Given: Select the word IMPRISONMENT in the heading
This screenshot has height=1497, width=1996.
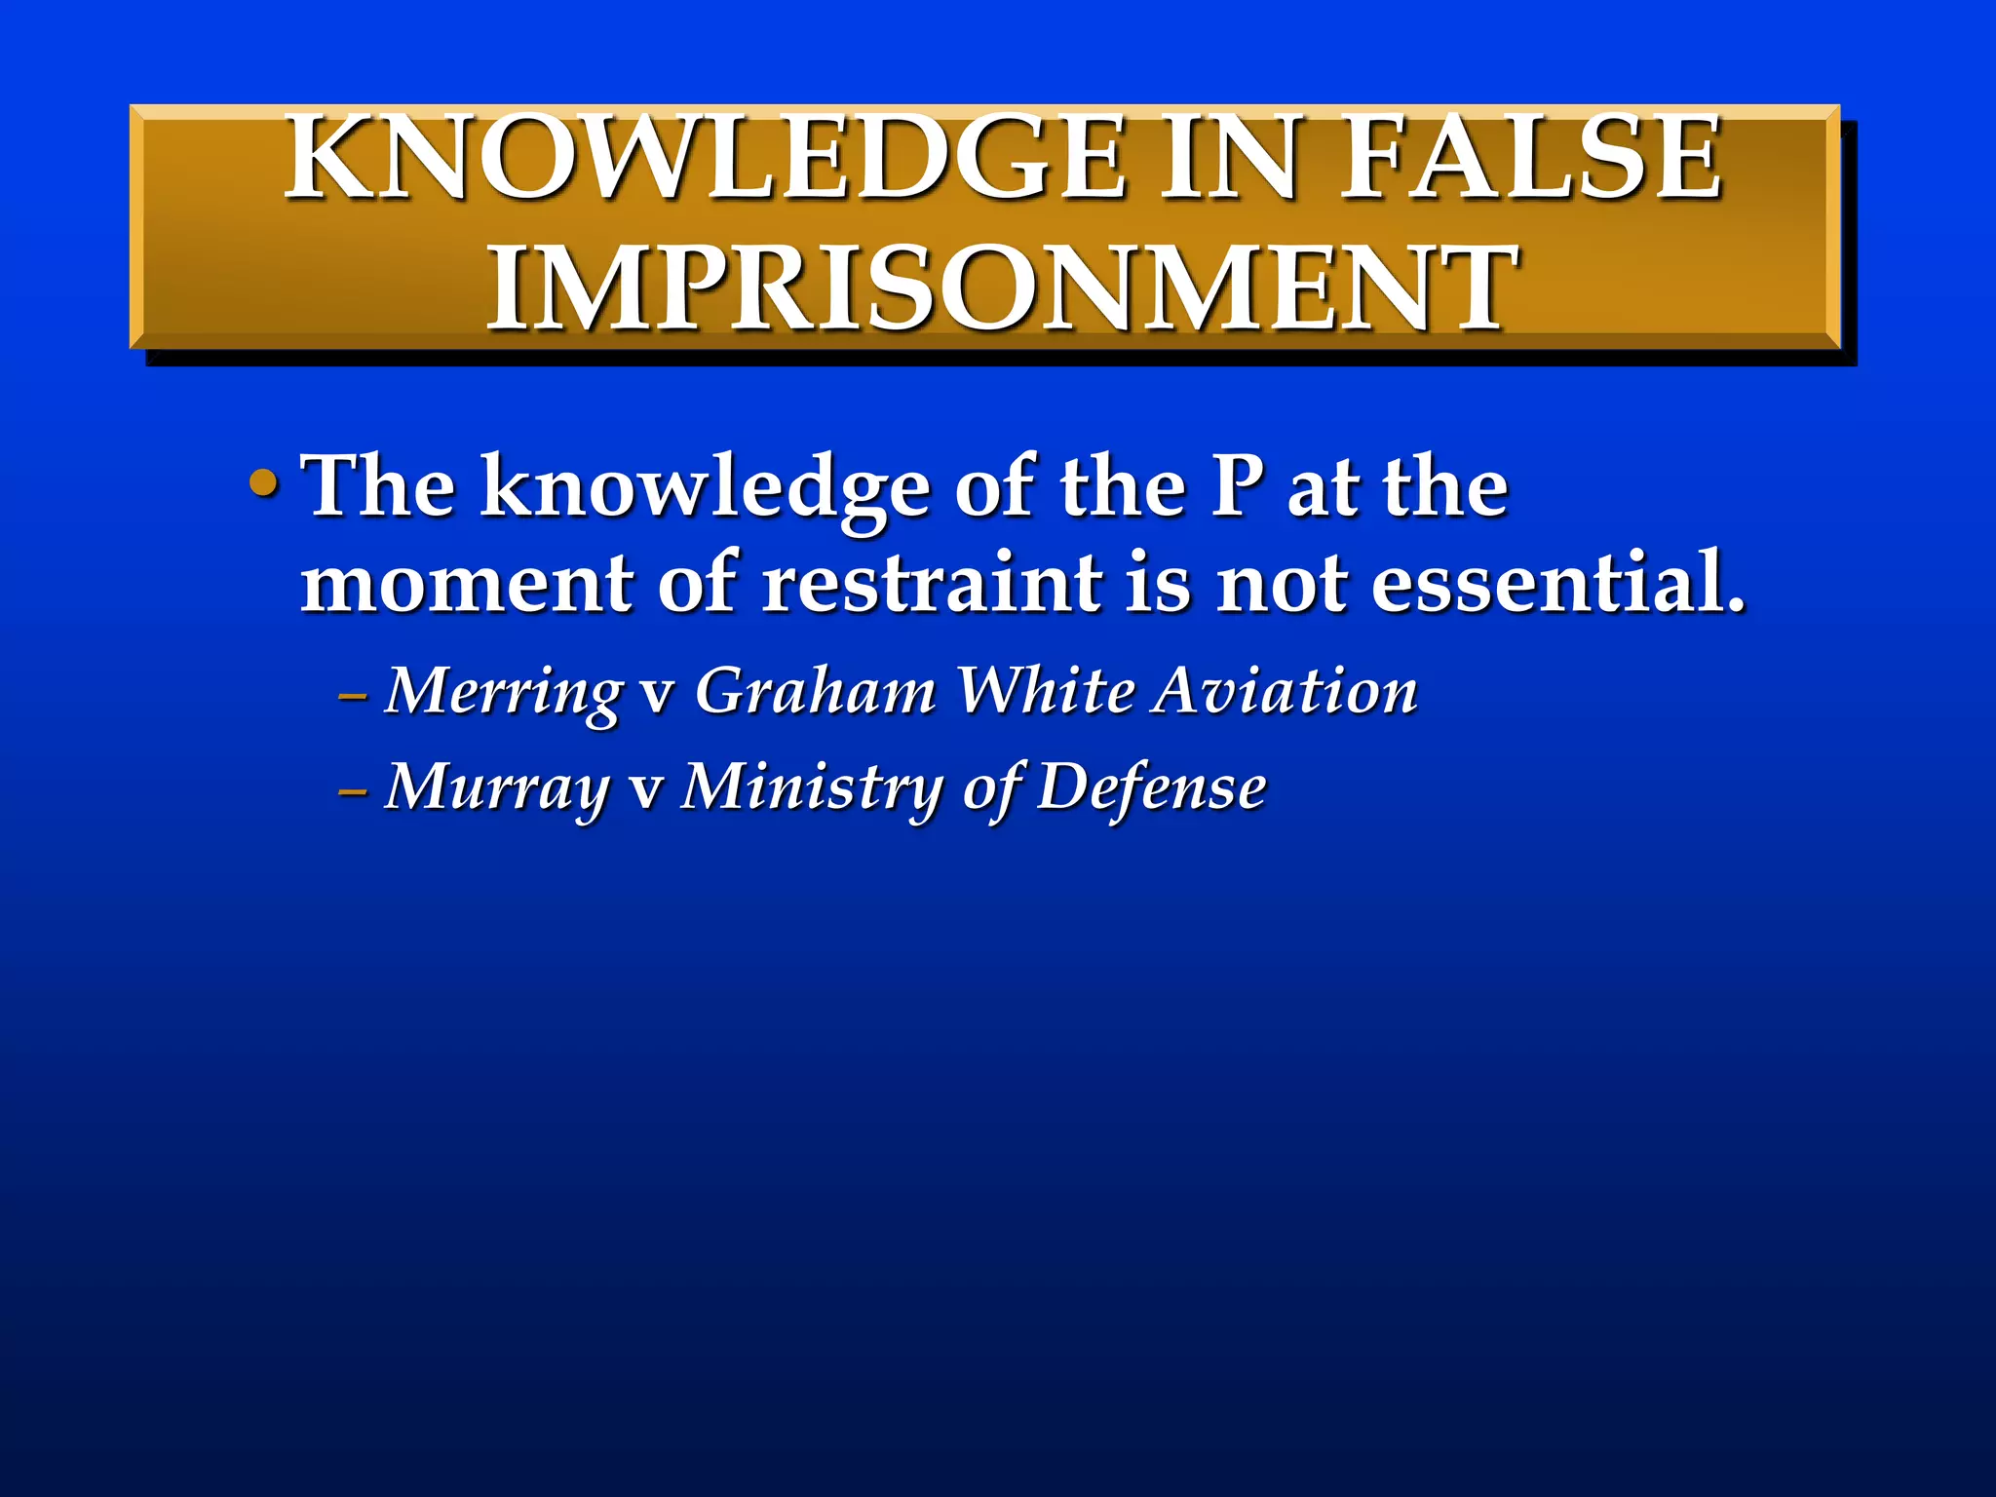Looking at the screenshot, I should (1002, 288).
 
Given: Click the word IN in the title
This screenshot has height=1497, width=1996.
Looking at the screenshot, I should (1230, 158).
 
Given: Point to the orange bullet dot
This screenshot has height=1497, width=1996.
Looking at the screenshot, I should (263, 482).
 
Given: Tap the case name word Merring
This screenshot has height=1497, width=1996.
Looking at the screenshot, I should (503, 692).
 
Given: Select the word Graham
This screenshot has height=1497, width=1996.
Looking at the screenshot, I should (815, 692).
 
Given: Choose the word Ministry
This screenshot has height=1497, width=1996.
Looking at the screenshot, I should (811, 787).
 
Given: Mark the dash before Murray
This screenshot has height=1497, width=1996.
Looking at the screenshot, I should (352, 791).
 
